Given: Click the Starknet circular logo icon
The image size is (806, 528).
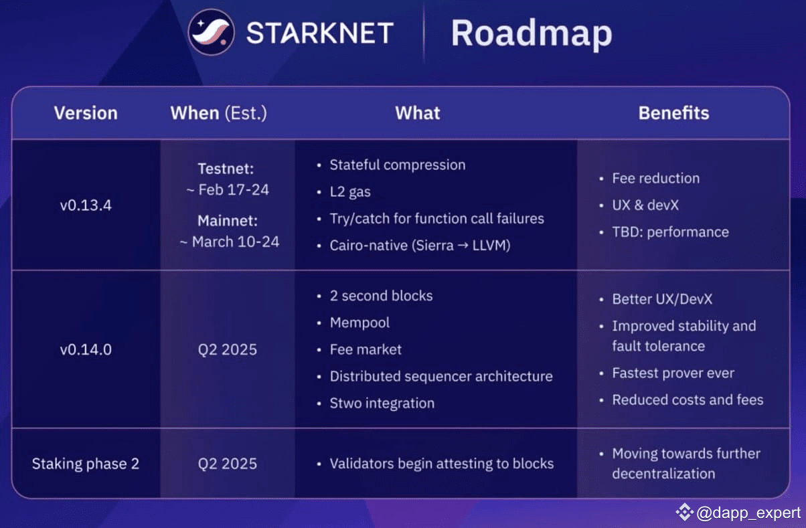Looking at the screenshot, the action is pyautogui.click(x=212, y=32).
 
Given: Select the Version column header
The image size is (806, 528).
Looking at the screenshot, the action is pyautogui.click(x=86, y=113).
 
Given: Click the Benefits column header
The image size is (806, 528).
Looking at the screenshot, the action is pyautogui.click(x=673, y=113).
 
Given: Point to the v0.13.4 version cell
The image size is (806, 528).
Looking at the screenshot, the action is pyautogui.click(x=86, y=205).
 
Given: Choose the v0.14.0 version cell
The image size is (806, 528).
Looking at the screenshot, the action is pyautogui.click(x=86, y=349).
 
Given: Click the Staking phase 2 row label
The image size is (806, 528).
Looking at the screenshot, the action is pyautogui.click(x=86, y=464).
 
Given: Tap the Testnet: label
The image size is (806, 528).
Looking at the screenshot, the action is pyautogui.click(x=226, y=169).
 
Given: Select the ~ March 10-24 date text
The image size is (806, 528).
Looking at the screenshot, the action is pyautogui.click(x=229, y=242).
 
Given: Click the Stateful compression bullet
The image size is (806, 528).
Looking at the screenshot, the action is pyautogui.click(x=397, y=165).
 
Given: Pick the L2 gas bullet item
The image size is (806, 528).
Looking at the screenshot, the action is pyautogui.click(x=349, y=192).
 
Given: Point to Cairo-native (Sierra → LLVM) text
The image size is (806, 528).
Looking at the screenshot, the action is pyautogui.click(x=420, y=246).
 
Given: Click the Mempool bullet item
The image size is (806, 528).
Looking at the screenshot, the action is pyautogui.click(x=359, y=323).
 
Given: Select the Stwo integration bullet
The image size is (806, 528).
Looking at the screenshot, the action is pyautogui.click(x=382, y=403).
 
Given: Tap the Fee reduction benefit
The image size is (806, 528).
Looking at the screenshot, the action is pyautogui.click(x=655, y=179).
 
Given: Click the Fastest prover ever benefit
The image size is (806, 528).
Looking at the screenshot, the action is pyautogui.click(x=673, y=373).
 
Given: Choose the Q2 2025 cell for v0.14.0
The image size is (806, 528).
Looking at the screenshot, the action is pyautogui.click(x=228, y=349).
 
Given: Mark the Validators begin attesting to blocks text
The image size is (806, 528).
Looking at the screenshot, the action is pyautogui.click(x=442, y=464).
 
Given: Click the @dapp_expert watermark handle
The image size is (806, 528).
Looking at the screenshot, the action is pyautogui.click(x=748, y=513).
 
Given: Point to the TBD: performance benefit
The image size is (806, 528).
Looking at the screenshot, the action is pyautogui.click(x=670, y=232).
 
